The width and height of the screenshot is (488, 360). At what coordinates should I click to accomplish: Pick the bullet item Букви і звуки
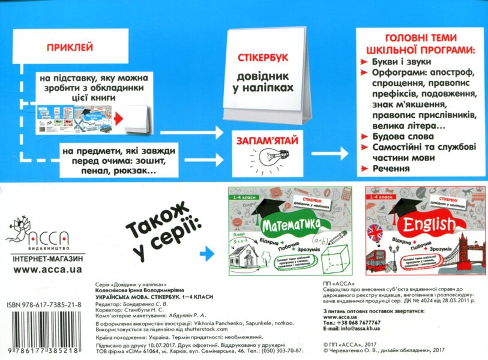tap(400, 61)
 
